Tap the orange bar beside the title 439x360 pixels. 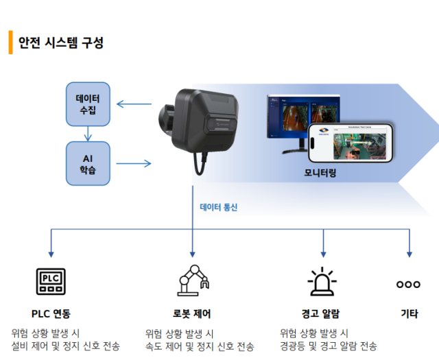point(10,42)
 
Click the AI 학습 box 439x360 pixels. point(88,163)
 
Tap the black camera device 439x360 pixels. point(202,122)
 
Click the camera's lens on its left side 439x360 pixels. point(163,119)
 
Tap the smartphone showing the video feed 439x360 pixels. point(351,143)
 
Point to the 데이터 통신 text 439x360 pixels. point(218,207)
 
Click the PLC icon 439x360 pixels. point(51,281)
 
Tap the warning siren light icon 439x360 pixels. point(322,281)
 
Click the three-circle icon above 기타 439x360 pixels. point(409,284)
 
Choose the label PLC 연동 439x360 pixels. point(51,314)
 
